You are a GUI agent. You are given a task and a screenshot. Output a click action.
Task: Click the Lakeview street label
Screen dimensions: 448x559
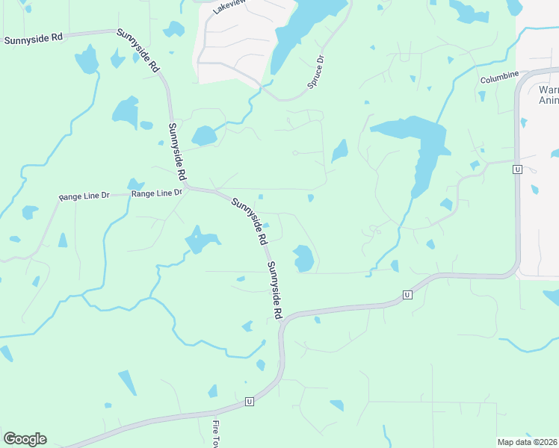229,6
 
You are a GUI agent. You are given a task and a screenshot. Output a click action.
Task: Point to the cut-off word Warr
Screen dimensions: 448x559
548,90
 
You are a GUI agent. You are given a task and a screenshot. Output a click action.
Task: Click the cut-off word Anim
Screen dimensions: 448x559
549,103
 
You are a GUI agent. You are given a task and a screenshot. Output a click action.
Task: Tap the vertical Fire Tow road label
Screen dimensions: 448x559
216,433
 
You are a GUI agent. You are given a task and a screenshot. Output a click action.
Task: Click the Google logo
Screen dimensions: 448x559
25,439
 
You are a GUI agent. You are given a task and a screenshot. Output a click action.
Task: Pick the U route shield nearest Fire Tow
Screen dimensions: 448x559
250,402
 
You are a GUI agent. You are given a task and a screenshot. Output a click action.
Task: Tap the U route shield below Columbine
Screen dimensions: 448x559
516,170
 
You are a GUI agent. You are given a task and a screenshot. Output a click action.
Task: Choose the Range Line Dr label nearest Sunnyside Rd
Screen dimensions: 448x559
157,193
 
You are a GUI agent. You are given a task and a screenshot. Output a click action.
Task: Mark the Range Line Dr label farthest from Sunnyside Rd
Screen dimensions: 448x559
84,196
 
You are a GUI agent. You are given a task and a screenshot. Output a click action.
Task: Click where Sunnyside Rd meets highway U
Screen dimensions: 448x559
283,321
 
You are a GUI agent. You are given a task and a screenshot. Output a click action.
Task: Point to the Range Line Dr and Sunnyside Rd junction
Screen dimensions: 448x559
188,188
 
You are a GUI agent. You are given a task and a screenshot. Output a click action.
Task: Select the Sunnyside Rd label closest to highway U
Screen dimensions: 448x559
275,290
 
